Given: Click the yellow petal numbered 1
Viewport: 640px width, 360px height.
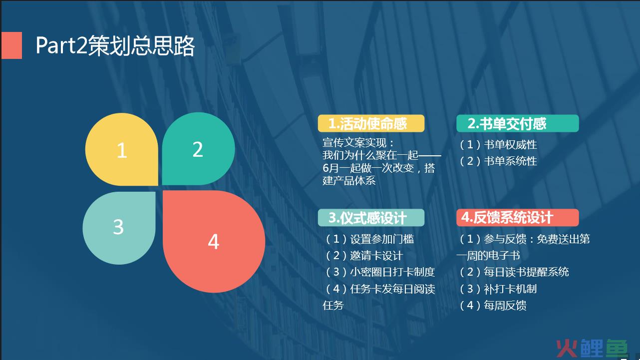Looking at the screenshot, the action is coord(122,149).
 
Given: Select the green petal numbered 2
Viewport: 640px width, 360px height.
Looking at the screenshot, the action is coord(198,149).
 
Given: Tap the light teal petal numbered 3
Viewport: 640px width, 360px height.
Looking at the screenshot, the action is coord(119,228).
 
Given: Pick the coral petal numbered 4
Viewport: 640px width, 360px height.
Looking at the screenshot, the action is coord(214,242).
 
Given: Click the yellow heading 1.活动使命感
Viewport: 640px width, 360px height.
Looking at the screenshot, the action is coord(371,123).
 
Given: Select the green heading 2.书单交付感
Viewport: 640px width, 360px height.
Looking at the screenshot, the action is coord(517,123).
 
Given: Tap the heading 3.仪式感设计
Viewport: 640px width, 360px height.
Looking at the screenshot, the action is coord(371,218).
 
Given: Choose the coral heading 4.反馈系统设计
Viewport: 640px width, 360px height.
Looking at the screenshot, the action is coord(517,218).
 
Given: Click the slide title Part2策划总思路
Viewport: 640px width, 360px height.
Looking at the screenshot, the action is coord(115,46).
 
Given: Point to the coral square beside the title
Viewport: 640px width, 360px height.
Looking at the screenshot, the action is coord(11,45).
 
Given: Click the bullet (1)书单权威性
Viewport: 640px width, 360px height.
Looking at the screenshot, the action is coord(498,145).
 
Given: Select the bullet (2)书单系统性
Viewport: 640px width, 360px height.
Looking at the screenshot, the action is coord(498,161).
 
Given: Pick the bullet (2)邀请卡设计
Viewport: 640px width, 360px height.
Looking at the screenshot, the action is coord(364,256).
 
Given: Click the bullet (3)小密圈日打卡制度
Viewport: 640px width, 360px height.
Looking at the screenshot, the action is coord(380,272).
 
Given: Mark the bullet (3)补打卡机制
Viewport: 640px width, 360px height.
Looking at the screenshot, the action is coord(498,289).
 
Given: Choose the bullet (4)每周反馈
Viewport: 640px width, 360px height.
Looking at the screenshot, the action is coord(493,306).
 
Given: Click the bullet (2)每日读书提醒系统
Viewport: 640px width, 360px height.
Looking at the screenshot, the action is coord(514,272).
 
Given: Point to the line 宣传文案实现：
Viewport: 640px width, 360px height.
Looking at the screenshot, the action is coord(358,143).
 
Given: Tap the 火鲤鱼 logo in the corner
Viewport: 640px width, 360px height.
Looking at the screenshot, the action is coord(592,349).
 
